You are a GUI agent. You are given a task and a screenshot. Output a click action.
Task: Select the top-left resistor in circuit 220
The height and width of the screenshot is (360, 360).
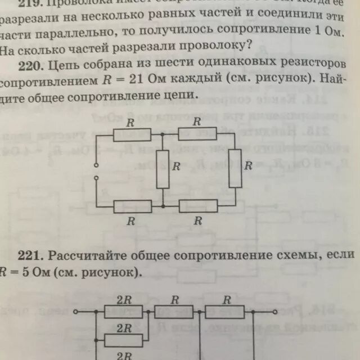tap(132, 134)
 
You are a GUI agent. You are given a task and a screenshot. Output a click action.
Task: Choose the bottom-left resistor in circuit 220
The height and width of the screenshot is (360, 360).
tap(132, 206)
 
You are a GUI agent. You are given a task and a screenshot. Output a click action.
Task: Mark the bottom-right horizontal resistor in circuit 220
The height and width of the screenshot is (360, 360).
tap(198, 206)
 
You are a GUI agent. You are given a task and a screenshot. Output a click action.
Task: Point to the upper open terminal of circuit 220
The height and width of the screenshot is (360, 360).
tap(96, 165)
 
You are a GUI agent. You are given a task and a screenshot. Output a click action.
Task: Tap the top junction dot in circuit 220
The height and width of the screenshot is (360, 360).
tap(163, 134)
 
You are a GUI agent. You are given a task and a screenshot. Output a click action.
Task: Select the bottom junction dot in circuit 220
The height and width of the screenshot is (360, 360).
tap(163, 206)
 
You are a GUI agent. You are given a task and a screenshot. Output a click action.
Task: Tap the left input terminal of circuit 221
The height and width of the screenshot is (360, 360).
tap(80, 310)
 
